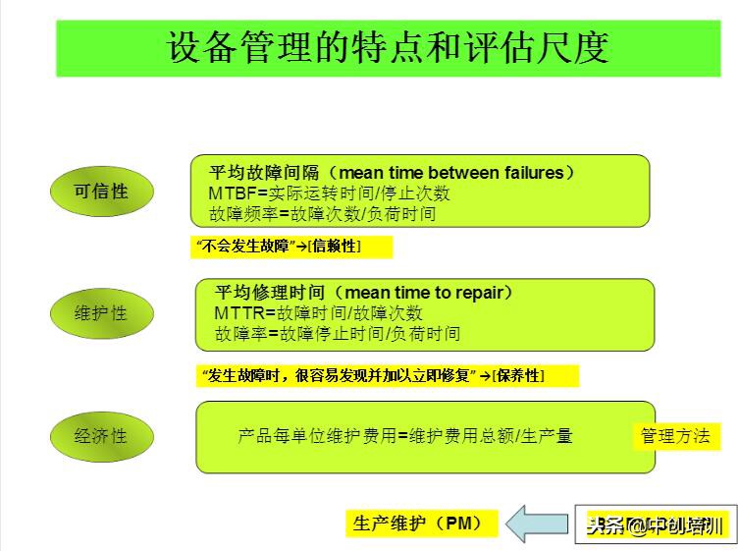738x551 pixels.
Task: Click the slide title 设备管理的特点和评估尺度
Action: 388,48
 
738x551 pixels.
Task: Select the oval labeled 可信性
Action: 101,192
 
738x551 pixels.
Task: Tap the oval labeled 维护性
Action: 101,313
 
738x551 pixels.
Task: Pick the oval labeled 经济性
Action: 101,435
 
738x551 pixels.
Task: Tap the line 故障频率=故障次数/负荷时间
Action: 322,214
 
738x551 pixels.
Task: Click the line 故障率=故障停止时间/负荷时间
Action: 337,334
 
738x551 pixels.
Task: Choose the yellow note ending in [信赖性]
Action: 290,247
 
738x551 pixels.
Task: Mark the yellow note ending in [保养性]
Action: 388,375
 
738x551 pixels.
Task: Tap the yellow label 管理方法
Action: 675,436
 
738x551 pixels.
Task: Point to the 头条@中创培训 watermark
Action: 655,525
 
